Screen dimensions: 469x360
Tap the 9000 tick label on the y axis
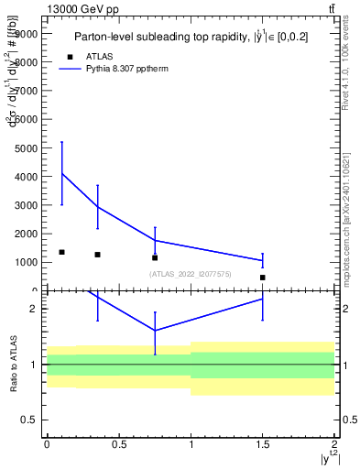(27, 33)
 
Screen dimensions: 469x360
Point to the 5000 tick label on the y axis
(27, 147)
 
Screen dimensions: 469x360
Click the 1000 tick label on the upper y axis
(27, 262)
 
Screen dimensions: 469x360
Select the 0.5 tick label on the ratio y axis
(30, 420)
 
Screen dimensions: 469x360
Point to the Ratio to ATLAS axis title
(14, 365)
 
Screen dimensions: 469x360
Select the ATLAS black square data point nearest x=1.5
(263, 277)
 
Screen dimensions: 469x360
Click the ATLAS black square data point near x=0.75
(155, 257)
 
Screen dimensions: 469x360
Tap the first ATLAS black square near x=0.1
(61, 252)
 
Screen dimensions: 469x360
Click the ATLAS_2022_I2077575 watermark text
(191, 274)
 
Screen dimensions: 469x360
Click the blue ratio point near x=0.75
(155, 331)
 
